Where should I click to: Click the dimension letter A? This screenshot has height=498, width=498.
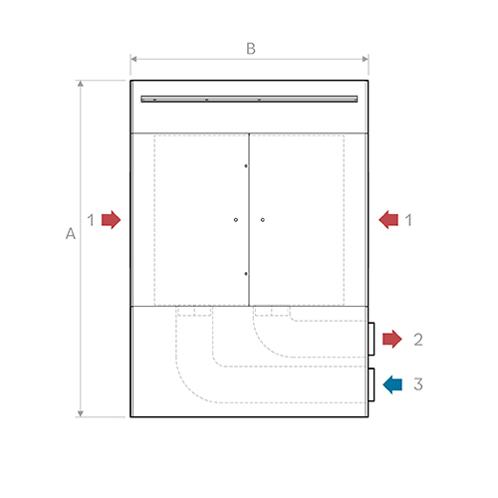pyautogui.click(x=71, y=234)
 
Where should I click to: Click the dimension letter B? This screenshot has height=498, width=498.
pyautogui.click(x=251, y=49)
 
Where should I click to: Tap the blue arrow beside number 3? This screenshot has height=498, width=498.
pyautogui.click(x=392, y=384)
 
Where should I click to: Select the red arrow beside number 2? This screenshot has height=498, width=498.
pyautogui.click(x=392, y=339)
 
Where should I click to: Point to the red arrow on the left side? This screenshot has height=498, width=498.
pyautogui.click(x=112, y=220)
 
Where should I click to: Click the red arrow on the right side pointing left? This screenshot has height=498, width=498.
pyautogui.click(x=388, y=220)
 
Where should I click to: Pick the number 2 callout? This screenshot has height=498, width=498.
pyautogui.click(x=418, y=340)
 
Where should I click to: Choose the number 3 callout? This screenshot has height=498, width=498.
pyautogui.click(x=418, y=384)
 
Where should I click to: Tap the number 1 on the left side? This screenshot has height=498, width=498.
pyautogui.click(x=91, y=220)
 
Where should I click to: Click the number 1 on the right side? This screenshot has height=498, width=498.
pyautogui.click(x=408, y=220)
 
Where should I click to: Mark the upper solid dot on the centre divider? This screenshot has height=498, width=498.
pyautogui.click(x=246, y=166)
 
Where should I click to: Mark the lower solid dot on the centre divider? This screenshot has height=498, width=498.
pyautogui.click(x=246, y=274)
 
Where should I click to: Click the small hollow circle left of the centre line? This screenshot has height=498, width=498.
pyautogui.click(x=236, y=220)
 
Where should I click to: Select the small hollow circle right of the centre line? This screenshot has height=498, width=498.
pyautogui.click(x=263, y=220)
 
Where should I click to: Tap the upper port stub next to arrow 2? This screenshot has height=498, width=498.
pyautogui.click(x=372, y=339)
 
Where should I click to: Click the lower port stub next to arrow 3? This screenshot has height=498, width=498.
pyautogui.click(x=372, y=384)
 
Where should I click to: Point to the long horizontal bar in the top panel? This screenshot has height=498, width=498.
pyautogui.click(x=249, y=99)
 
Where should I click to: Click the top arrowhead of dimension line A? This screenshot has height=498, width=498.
pyautogui.click(x=81, y=84)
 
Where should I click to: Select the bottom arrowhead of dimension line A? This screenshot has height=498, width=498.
pyautogui.click(x=81, y=413)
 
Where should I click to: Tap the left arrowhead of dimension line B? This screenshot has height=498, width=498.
pyautogui.click(x=133, y=59)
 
